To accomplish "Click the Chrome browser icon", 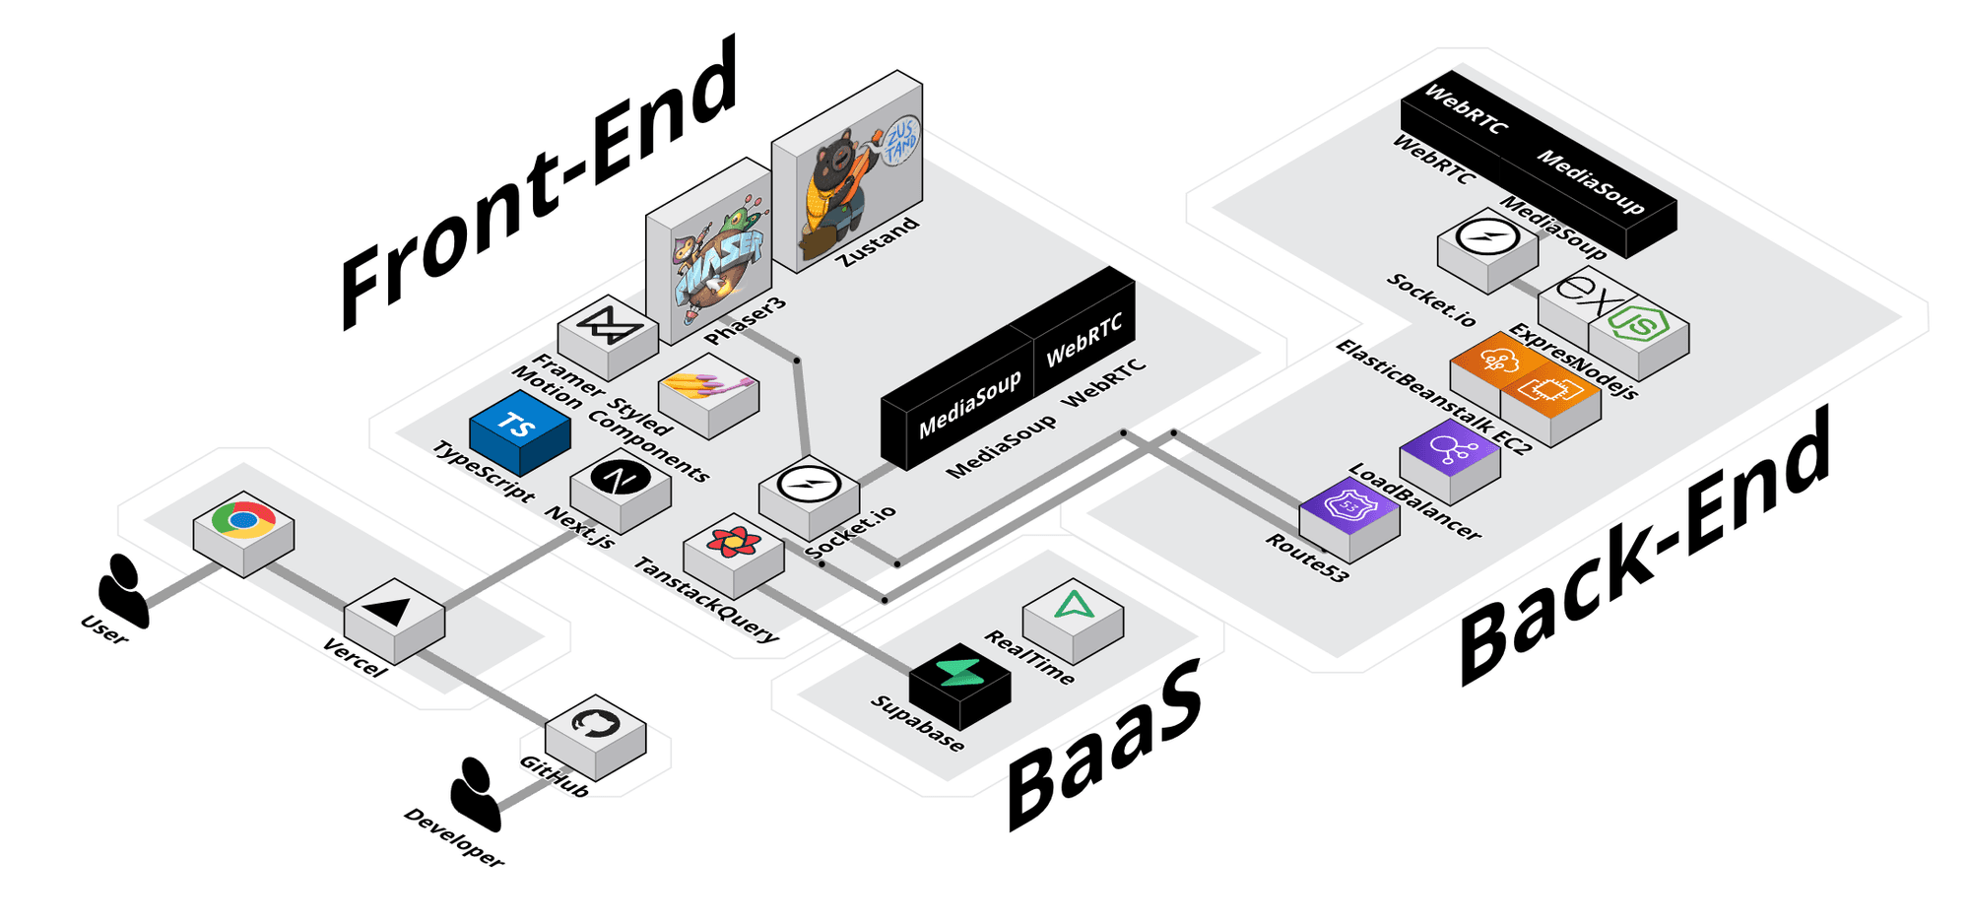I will [x=243, y=521].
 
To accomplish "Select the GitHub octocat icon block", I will [x=595, y=726].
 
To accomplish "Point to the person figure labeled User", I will [x=123, y=590].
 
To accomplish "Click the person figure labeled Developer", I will [x=476, y=793].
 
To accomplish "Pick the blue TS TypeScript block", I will [x=519, y=426].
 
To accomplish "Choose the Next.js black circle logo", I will [x=621, y=479].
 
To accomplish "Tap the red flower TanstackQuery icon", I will [x=733, y=542].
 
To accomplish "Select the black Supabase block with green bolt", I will [x=959, y=674].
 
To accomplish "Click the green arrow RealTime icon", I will [x=1073, y=606].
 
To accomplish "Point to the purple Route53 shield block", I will [x=1348, y=506].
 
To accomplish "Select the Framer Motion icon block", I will [x=608, y=325].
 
